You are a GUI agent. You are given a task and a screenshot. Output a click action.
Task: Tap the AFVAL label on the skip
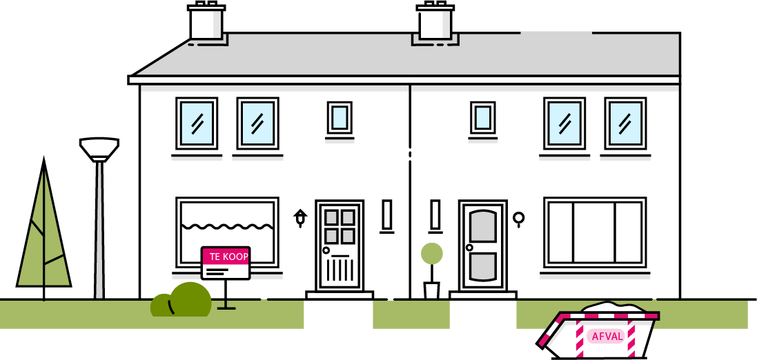[607, 337]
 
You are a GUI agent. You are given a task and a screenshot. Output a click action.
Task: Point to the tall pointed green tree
[43, 234]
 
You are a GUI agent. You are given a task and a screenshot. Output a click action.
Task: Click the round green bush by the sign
[190, 299]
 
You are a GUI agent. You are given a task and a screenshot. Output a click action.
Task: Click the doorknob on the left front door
[326, 250]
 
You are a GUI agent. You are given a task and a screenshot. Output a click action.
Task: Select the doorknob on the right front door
[469, 248]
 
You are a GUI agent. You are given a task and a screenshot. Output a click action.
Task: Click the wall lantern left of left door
[300, 218]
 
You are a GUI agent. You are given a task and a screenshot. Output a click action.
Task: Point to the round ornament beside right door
[519, 219]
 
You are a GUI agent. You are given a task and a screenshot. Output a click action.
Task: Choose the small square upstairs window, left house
[339, 117]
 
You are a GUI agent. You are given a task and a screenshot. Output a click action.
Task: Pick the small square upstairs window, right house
[483, 117]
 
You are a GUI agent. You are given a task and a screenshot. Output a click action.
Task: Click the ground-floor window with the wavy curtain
[227, 232]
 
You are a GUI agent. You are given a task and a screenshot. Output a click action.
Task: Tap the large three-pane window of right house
[595, 232]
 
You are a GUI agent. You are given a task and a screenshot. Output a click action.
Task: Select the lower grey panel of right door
[482, 268]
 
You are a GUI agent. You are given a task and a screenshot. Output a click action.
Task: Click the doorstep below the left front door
[339, 295]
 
